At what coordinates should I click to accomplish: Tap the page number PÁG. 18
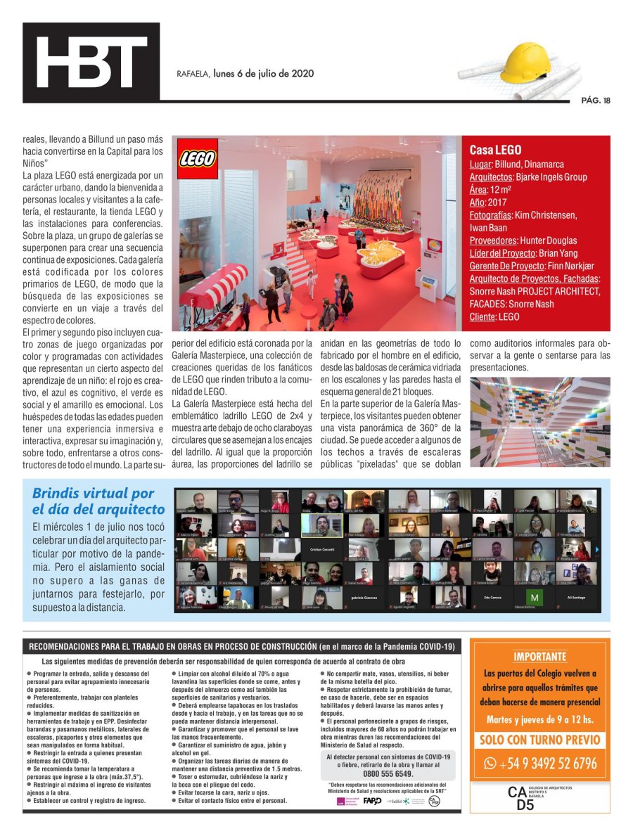[596, 101]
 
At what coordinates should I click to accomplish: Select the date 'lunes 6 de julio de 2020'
[263, 74]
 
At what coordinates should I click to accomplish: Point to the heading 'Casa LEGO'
[495, 150]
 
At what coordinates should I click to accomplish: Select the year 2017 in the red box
[497, 202]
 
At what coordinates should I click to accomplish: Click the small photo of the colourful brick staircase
[539, 421]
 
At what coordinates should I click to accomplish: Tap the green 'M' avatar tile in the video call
[535, 598]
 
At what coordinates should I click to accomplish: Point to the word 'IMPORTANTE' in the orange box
[539, 657]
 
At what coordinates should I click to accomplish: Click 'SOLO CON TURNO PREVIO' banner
[539, 740]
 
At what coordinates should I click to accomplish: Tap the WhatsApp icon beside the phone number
[490, 763]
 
